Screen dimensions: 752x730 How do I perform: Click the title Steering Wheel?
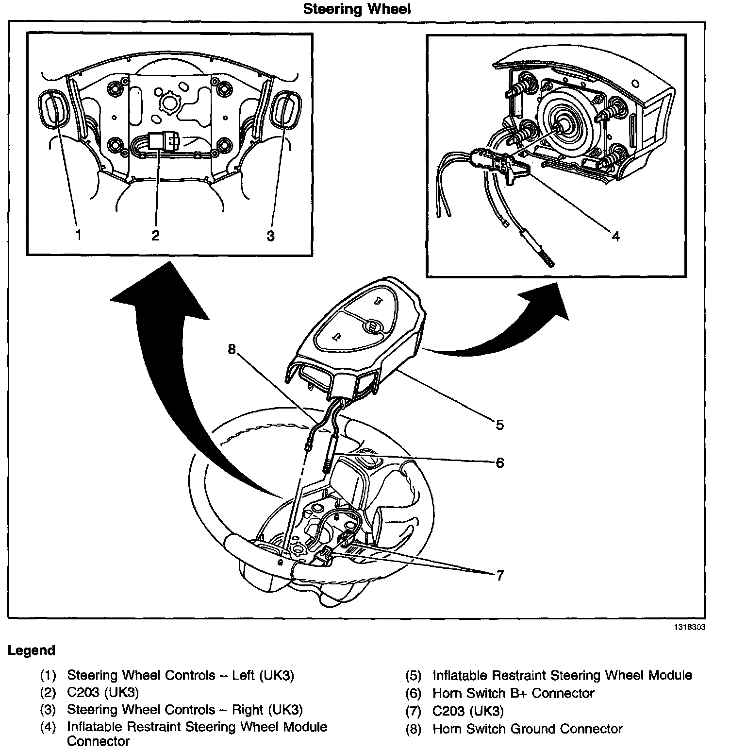pyautogui.click(x=357, y=9)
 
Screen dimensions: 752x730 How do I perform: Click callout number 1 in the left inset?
pyautogui.click(x=78, y=236)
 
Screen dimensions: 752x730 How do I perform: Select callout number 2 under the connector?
pyautogui.click(x=155, y=236)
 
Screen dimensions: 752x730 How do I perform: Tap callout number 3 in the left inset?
pyautogui.click(x=270, y=236)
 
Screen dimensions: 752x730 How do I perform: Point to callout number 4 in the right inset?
pyautogui.click(x=615, y=237)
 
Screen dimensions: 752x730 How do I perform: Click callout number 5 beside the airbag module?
pyautogui.click(x=500, y=425)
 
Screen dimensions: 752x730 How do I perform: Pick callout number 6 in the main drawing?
pyautogui.click(x=500, y=462)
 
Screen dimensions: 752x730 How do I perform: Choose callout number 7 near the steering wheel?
pyautogui.click(x=500, y=576)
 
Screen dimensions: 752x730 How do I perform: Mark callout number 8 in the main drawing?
pyautogui.click(x=232, y=349)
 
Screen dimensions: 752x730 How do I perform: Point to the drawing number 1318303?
pyautogui.click(x=689, y=627)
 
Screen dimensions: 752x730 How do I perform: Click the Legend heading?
pyautogui.click(x=32, y=650)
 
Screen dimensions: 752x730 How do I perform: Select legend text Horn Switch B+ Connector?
pyautogui.click(x=513, y=693)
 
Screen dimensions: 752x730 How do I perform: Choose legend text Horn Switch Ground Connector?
pyautogui.click(x=527, y=729)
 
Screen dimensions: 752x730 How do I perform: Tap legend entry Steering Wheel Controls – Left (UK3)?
pyautogui.click(x=180, y=675)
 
